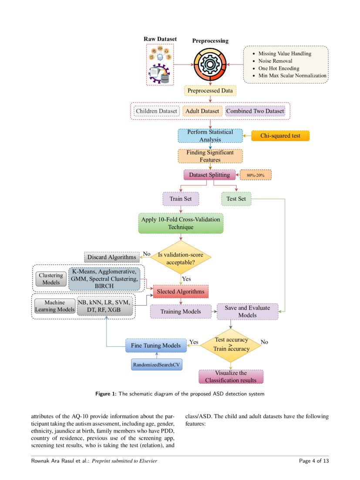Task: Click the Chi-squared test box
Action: [x=280, y=136]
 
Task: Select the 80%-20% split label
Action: [x=256, y=175]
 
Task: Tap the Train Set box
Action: [x=181, y=199]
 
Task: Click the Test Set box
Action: [x=236, y=199]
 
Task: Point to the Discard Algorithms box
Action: [x=110, y=257]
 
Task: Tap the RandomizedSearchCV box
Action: [x=157, y=365]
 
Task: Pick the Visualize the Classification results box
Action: [x=231, y=376]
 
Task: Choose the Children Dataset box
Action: [x=156, y=111]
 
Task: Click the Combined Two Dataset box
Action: [x=255, y=111]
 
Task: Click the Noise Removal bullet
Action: [x=275, y=61]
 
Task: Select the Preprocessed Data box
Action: [x=210, y=91]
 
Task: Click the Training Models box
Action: [x=181, y=311]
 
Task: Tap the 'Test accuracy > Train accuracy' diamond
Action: [x=232, y=344]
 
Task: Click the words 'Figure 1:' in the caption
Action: [x=106, y=394]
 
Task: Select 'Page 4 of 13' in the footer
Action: [x=314, y=460]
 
